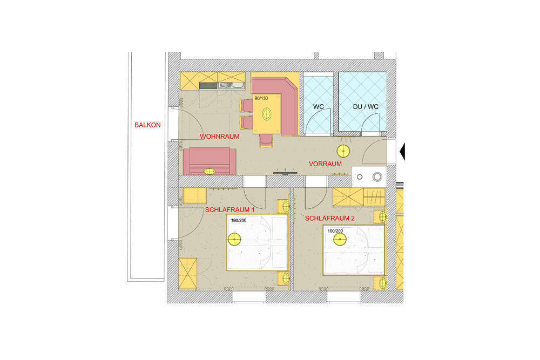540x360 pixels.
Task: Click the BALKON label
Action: click(x=147, y=125)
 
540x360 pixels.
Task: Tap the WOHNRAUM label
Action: click(x=219, y=137)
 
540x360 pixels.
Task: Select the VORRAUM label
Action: click(x=325, y=164)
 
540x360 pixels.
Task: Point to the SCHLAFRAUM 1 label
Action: click(x=230, y=209)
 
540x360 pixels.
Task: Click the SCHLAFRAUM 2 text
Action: click(x=329, y=218)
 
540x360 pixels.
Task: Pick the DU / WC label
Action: click(x=366, y=107)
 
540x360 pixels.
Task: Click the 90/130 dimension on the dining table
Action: click(x=261, y=98)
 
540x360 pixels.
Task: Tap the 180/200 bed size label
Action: click(x=239, y=220)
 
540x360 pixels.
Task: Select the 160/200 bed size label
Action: click(x=335, y=231)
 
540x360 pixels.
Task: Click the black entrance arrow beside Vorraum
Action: click(x=402, y=152)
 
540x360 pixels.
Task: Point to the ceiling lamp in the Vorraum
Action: click(x=343, y=151)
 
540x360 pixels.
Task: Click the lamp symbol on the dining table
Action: click(x=267, y=113)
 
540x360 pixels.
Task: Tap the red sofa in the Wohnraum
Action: click(x=210, y=161)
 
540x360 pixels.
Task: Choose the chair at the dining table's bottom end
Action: click(x=266, y=140)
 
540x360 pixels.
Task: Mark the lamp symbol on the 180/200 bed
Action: click(x=234, y=239)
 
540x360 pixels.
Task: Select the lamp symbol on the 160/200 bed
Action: click(x=340, y=239)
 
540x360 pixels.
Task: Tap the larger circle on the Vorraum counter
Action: click(x=377, y=177)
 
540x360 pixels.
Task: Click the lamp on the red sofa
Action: click(x=210, y=172)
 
